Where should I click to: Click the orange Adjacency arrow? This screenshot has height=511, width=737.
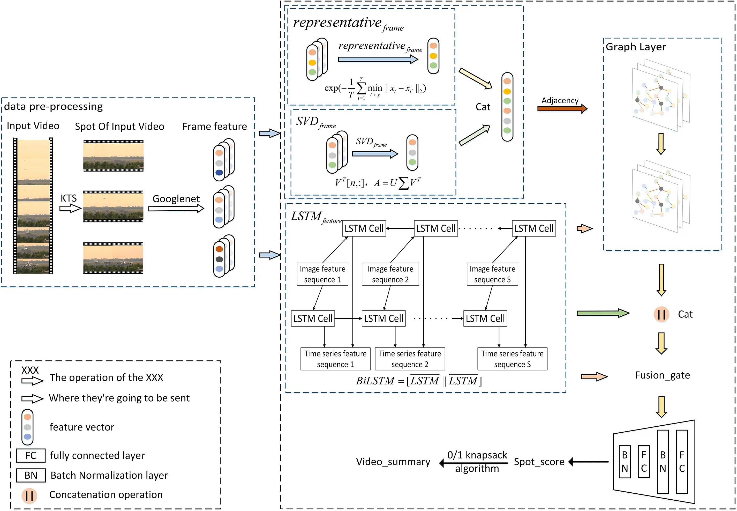point(562,109)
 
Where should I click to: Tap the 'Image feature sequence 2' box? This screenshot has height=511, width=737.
point(390,274)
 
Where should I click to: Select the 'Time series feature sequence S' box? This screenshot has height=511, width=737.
point(512,359)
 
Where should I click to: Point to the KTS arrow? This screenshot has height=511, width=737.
point(70,209)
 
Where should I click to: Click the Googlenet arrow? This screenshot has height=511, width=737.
point(176,209)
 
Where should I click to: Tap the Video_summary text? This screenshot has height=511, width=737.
point(393,462)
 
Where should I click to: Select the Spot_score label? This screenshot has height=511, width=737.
point(539,462)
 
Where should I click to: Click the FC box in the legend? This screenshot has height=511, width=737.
point(31,456)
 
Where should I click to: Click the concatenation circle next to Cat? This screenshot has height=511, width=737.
point(661,314)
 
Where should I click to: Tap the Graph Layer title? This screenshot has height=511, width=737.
point(636,47)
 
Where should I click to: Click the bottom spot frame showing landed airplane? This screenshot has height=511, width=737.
point(113,258)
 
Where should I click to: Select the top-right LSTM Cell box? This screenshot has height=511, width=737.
point(533,229)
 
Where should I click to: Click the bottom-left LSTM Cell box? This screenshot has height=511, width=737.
point(313,319)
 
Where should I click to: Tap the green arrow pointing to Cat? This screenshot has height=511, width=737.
point(603,313)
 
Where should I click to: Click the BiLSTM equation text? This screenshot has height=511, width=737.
point(419,381)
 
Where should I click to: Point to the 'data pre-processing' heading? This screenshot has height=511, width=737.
point(54,106)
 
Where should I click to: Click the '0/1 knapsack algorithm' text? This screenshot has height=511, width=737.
point(477,462)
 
